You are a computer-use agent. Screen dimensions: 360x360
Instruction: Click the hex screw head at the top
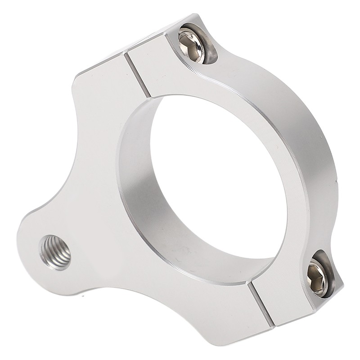click(192, 44)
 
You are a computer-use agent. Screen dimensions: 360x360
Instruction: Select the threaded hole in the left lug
click(55, 252)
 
